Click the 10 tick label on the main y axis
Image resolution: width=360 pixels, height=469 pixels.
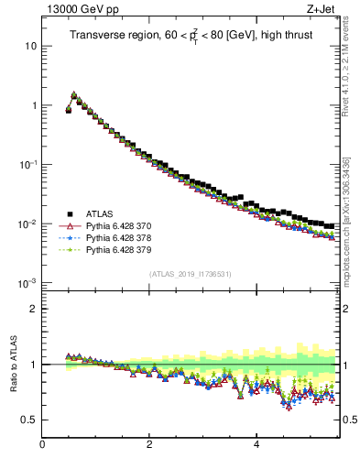31,46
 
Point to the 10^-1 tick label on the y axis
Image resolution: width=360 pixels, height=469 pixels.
28,164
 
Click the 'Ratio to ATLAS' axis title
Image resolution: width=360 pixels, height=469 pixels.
11,364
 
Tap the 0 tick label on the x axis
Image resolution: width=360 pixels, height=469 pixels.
42,446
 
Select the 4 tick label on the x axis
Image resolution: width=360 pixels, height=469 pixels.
256,446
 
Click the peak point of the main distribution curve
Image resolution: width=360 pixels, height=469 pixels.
73,94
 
